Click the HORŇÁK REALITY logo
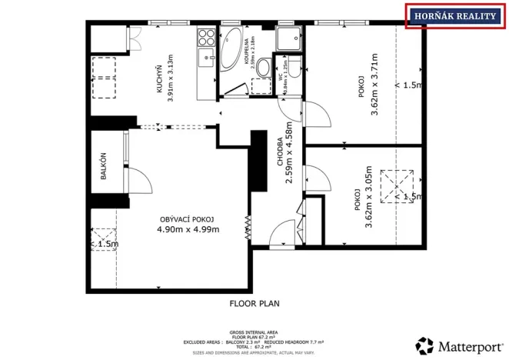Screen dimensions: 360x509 (456, 17)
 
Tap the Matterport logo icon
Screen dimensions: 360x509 (424, 345)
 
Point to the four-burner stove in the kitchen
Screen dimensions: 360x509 (206, 36)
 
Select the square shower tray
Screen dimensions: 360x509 (288, 38)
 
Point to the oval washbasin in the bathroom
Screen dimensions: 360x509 (261, 85)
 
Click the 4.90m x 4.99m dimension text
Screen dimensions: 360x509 (188, 229)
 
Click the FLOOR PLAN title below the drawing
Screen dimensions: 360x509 (254, 303)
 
